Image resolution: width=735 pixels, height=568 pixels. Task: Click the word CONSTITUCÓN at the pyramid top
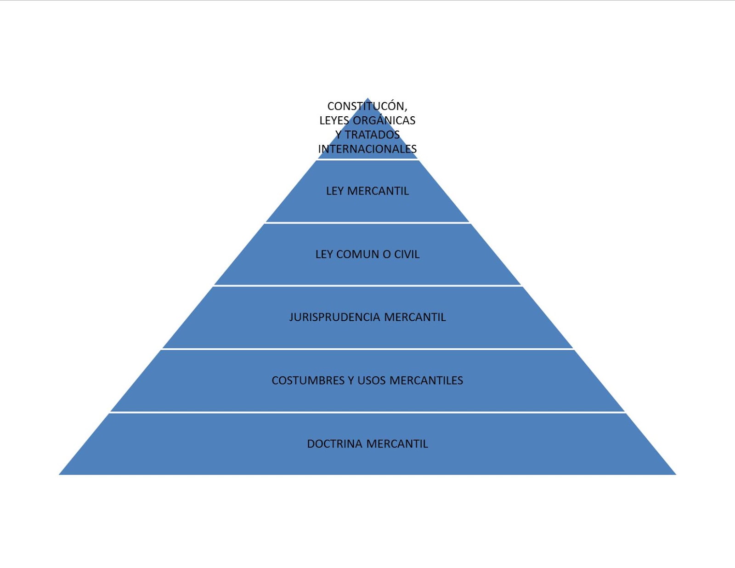coord(366,106)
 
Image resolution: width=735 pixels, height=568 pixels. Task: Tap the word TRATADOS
coord(372,135)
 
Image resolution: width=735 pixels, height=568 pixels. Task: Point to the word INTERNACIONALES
coord(367,149)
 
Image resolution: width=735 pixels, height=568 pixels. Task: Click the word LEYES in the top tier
coord(334,120)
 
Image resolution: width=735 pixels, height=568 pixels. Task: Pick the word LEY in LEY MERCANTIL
coord(335,191)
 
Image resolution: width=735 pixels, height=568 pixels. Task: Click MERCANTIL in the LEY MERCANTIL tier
coord(378,191)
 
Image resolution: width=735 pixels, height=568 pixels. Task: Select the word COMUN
coord(358,254)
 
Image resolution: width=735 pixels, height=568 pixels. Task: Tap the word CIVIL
coord(407,254)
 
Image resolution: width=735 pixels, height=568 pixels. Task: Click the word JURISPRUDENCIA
coord(335,317)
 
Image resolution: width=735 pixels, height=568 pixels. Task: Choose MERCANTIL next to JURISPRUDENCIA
coord(415,317)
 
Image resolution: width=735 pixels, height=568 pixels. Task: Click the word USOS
coord(372,381)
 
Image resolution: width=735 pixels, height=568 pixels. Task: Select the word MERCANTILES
coord(426,381)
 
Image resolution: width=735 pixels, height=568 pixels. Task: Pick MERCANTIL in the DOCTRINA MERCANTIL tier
coord(397,444)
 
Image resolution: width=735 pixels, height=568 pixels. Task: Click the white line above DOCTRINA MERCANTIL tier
coord(367,413)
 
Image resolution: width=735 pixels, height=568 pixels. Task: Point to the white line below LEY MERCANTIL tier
coord(367,223)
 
